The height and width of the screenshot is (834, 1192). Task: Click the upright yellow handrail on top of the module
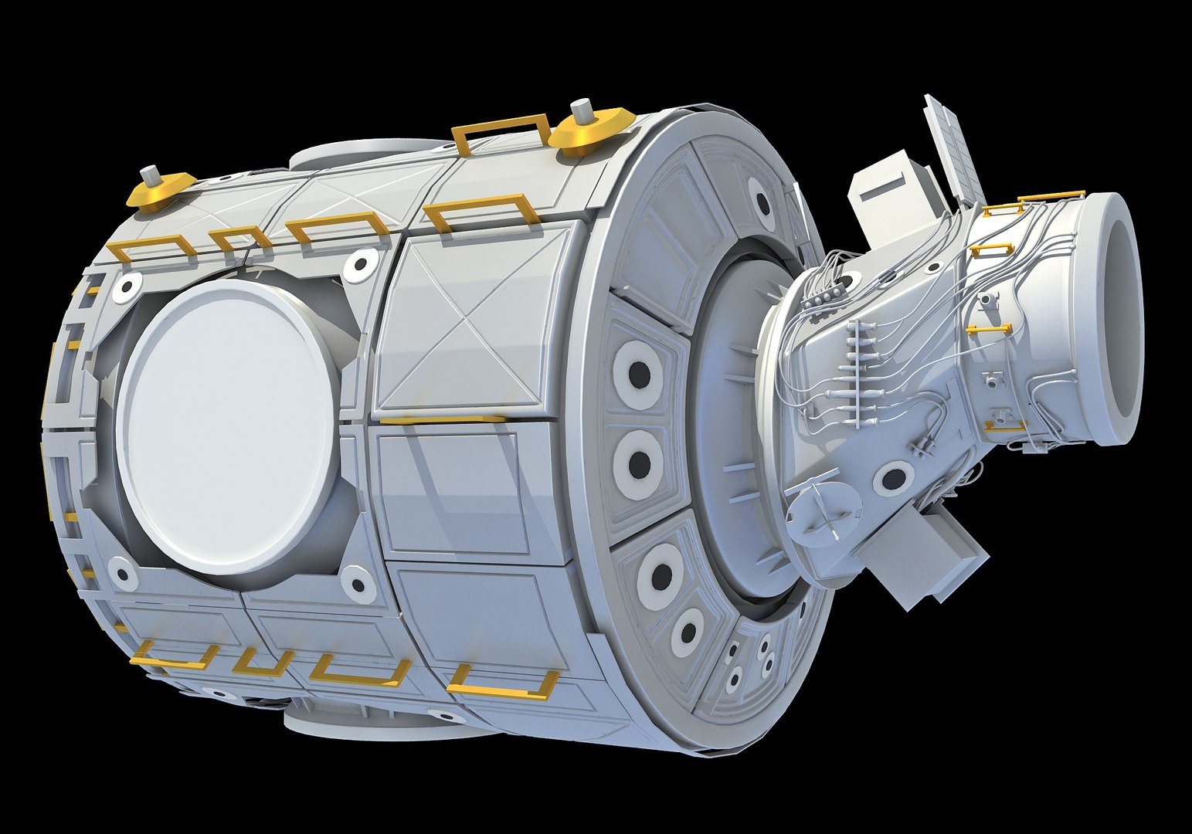click(500, 132)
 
